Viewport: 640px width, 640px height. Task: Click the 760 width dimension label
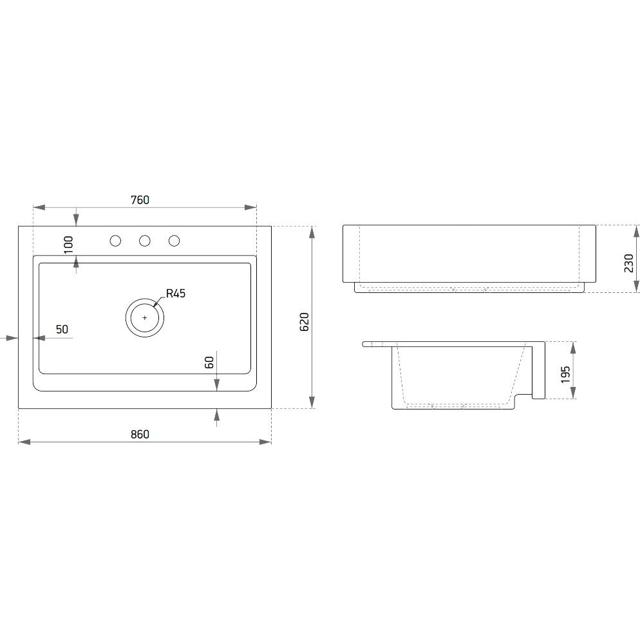click(x=140, y=200)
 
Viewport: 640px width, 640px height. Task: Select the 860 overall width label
click(x=140, y=434)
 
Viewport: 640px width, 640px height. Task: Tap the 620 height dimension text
click(x=305, y=322)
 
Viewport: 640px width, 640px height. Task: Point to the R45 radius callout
click(x=176, y=294)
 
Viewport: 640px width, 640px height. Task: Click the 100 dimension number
click(x=68, y=245)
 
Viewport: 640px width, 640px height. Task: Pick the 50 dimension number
click(x=62, y=330)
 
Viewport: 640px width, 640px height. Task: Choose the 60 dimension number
click(x=209, y=362)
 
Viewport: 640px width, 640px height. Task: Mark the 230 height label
click(x=628, y=263)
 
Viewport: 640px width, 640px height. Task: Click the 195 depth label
click(x=565, y=374)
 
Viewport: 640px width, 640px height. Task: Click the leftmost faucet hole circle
click(x=115, y=241)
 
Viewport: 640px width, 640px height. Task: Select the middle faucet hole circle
click(x=144, y=241)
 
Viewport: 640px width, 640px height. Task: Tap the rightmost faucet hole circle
click(x=174, y=241)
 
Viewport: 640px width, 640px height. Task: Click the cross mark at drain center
click(x=145, y=317)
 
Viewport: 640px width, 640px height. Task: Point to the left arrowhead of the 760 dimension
click(x=39, y=207)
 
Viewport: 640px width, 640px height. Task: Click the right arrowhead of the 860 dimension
click(x=266, y=442)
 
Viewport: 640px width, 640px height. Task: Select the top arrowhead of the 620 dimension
click(x=312, y=232)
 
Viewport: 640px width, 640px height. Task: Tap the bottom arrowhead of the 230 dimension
click(x=636, y=286)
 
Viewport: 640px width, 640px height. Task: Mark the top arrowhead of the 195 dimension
click(x=574, y=348)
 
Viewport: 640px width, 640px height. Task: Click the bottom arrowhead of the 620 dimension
click(x=312, y=402)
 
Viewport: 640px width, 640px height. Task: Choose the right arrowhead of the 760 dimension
click(x=250, y=207)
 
